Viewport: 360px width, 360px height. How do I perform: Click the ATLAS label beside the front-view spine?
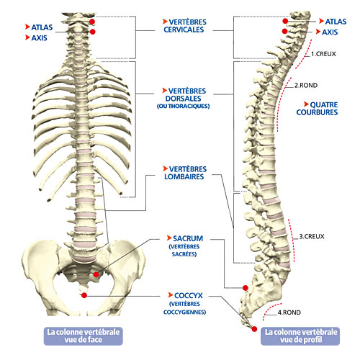pos(42,27)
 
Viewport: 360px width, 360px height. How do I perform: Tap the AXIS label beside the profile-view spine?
pos(330,32)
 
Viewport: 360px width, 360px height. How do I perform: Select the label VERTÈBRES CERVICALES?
pos(184,26)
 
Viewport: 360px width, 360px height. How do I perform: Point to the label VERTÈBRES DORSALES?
pos(184,94)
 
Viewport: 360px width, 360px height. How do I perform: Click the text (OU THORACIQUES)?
pos(184,106)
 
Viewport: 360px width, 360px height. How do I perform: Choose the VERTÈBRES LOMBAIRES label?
pos(184,173)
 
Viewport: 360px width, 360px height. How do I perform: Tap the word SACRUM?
pos(188,238)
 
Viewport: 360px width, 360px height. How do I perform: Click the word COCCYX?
pos(189,295)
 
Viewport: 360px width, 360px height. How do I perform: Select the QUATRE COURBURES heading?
pos(317,109)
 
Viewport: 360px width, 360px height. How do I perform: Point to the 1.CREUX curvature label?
pos(323,54)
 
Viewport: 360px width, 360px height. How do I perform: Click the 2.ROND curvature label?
pos(306,85)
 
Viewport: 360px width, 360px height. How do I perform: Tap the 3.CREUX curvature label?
pos(312,237)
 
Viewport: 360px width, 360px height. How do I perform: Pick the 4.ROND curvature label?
pos(289,312)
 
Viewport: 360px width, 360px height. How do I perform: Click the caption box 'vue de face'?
pos(84,336)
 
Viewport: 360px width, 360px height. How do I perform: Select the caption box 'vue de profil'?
pos(300,336)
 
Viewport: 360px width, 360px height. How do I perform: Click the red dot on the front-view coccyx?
pos(84,295)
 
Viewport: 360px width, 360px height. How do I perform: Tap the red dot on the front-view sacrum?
pos(96,274)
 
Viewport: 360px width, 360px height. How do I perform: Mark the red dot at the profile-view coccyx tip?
pos(254,329)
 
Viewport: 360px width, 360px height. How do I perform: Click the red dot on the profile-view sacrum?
pos(246,288)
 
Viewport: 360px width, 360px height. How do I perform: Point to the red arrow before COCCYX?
pos(171,294)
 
